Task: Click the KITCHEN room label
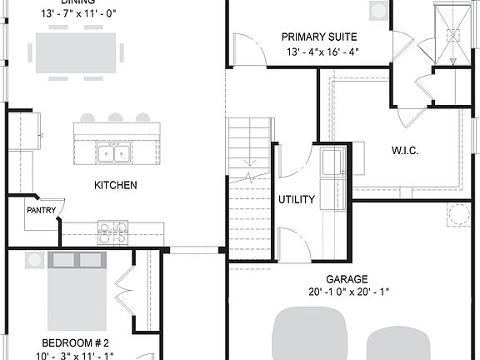[x=115, y=185]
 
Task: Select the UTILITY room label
[x=296, y=200]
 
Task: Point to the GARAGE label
[x=347, y=279]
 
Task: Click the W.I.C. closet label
[x=404, y=151]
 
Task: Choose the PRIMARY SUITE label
[x=319, y=37]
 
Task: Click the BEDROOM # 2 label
[x=76, y=342]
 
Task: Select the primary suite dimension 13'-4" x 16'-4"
[x=321, y=52]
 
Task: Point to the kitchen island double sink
[x=114, y=152]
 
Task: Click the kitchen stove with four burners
[x=113, y=232]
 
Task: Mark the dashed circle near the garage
[x=458, y=214]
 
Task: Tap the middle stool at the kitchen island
[x=115, y=117]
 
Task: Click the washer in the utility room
[x=334, y=162]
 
